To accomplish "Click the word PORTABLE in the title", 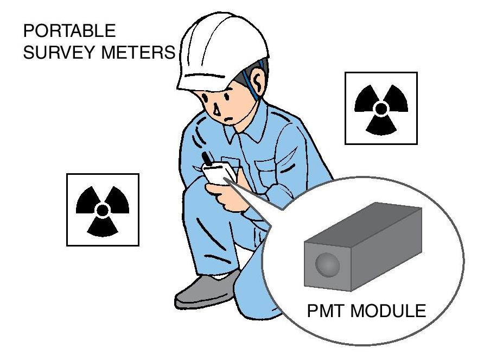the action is [69, 30].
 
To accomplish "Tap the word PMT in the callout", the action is [326, 311].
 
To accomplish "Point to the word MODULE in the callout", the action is [388, 311].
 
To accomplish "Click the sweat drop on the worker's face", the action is [217, 110].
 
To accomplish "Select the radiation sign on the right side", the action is [381, 108].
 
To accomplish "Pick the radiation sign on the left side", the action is [103, 210].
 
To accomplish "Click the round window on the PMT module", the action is [328, 264].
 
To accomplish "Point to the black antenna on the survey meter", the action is [206, 158].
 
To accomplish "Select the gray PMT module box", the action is [363, 247].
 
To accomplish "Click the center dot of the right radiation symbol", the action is [381, 109].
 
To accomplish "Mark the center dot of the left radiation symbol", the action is [103, 210].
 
